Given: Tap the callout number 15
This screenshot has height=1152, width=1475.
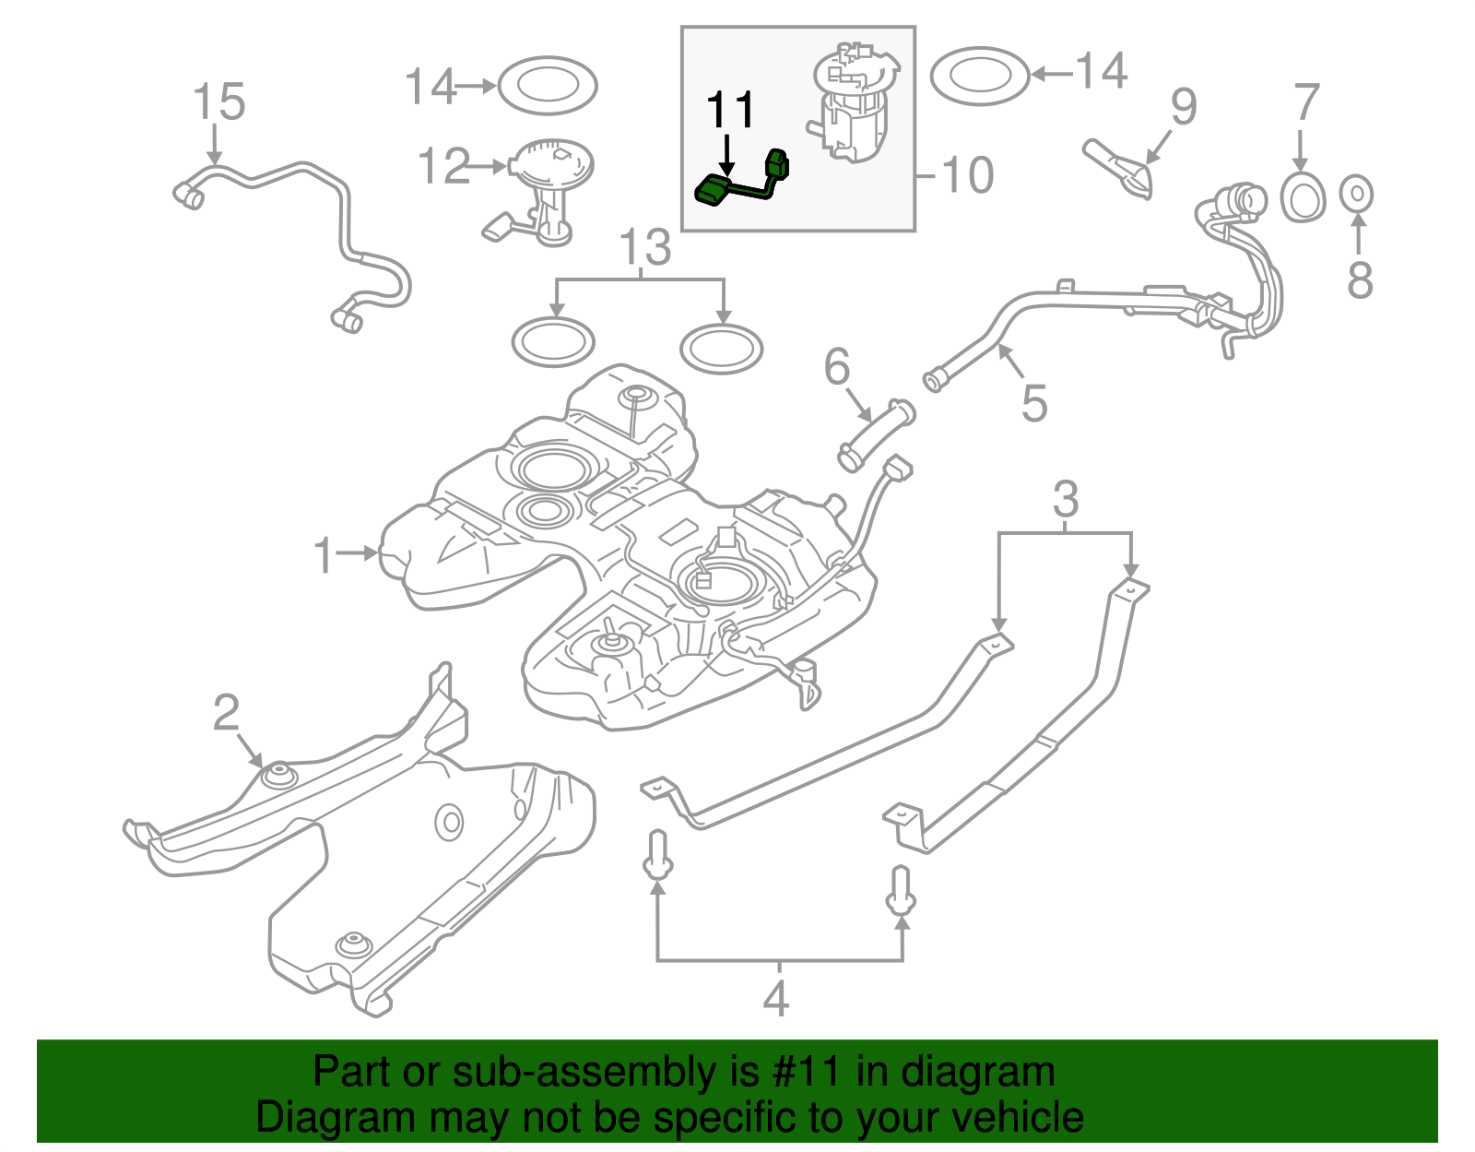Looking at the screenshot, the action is coord(218,101).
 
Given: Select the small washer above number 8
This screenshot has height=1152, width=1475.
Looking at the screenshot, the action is coord(1356,194).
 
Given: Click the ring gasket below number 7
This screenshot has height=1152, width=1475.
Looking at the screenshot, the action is coord(1303,197).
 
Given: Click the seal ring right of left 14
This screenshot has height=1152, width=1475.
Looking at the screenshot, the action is coord(547,86).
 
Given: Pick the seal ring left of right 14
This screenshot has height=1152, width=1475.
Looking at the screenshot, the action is coord(979,76).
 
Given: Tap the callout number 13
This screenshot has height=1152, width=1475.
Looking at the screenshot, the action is coord(645,247).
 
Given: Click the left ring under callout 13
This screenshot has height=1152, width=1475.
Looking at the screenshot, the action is coord(553,342).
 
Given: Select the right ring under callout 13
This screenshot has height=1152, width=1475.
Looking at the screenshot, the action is coord(722,349).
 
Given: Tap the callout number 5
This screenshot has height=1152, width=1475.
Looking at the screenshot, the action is coord(1033,403).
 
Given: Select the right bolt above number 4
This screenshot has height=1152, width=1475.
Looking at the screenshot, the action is coord(902,891).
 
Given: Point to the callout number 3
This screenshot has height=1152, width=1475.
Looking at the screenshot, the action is coord(1065,499).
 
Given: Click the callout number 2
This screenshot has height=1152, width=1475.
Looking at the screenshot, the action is coord(226,712).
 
